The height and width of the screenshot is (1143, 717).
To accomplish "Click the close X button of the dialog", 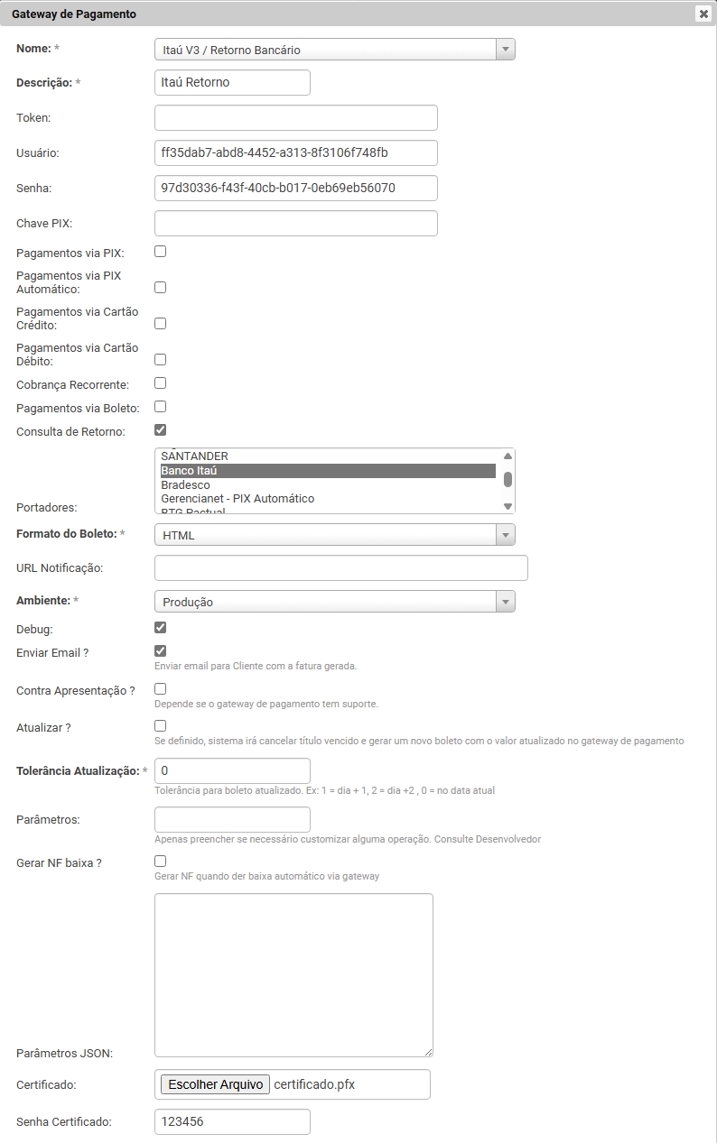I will click(x=703, y=14).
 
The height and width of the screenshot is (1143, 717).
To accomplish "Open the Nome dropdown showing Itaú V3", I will click(x=334, y=50).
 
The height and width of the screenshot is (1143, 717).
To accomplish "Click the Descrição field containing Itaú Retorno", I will click(x=232, y=82).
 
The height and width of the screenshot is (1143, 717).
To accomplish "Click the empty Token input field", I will click(x=295, y=117).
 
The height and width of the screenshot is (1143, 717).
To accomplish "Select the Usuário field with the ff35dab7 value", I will click(x=295, y=152).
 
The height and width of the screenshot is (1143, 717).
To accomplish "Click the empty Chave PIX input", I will click(x=295, y=223).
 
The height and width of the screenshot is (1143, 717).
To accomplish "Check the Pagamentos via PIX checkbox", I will click(x=161, y=252).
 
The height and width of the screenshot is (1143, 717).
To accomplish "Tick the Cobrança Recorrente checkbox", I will click(x=161, y=383).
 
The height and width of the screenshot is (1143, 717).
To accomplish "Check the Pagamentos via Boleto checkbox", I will click(x=161, y=407).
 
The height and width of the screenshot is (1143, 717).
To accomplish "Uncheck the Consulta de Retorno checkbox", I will click(x=161, y=430).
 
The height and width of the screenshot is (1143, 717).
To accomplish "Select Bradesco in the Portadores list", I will click(x=186, y=485).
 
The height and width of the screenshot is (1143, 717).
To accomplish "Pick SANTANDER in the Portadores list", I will click(x=195, y=456).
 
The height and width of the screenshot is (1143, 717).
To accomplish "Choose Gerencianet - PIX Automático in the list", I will click(x=237, y=499).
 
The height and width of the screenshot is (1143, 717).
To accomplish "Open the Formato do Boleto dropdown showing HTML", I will click(x=334, y=535).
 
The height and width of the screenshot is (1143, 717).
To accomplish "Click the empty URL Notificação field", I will click(x=340, y=567).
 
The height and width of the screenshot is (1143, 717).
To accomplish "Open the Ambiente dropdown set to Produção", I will click(x=334, y=602).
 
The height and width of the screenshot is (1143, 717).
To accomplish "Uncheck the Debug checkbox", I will click(x=161, y=628).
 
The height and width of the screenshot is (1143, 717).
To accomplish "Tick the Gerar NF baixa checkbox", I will click(x=161, y=862).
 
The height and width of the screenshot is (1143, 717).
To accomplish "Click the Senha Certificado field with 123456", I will click(x=232, y=1121).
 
